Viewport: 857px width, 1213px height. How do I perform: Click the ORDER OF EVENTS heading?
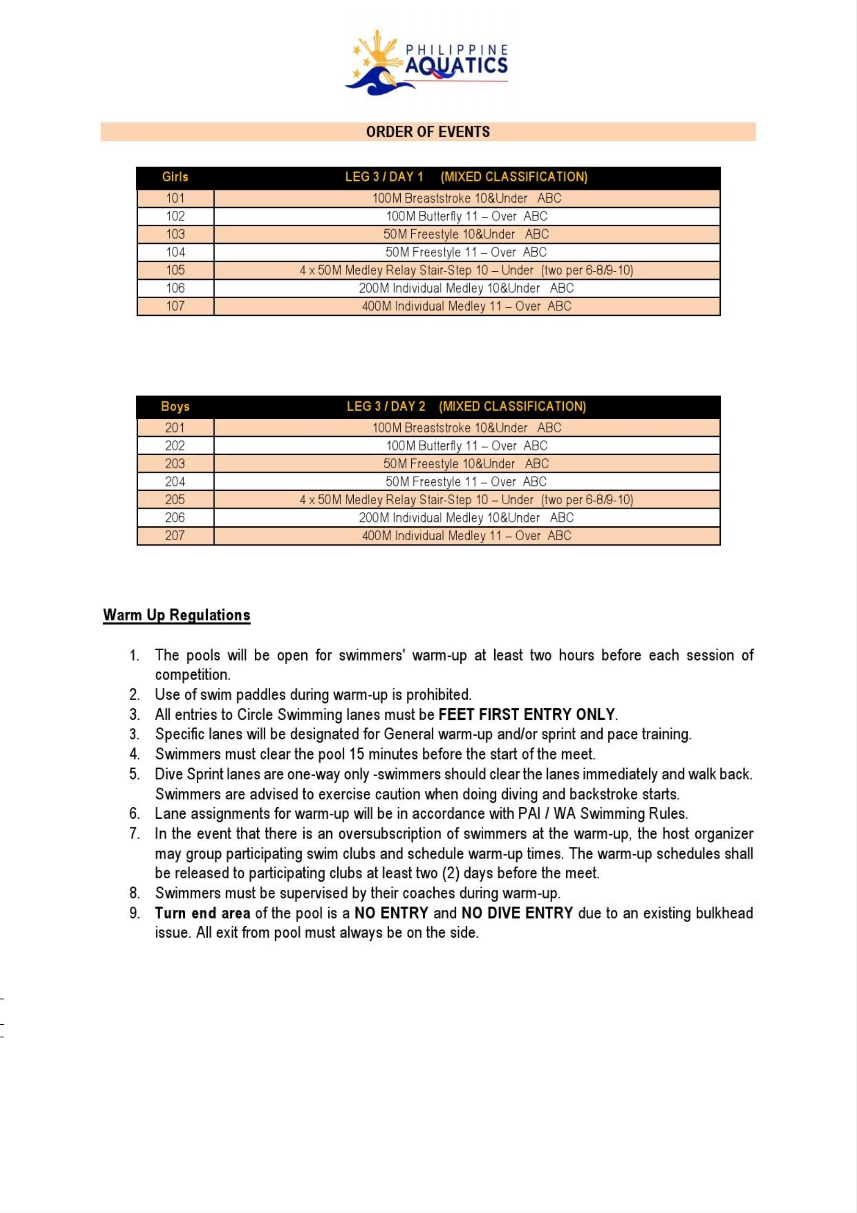[428, 132]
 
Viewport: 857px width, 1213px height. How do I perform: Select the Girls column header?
[175, 177]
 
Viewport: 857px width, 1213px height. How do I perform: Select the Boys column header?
[175, 406]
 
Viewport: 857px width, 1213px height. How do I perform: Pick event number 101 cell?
[175, 198]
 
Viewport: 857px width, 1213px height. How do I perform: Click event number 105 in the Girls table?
[175, 270]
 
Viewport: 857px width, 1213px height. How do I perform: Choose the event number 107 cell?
[175, 306]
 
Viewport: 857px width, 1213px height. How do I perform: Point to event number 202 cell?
[175, 446]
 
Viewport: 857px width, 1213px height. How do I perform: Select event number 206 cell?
[175, 518]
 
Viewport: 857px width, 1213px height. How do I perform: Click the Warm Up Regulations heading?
[177, 615]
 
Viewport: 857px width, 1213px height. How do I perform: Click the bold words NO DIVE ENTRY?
[517, 913]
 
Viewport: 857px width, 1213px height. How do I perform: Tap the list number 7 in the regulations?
[135, 834]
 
